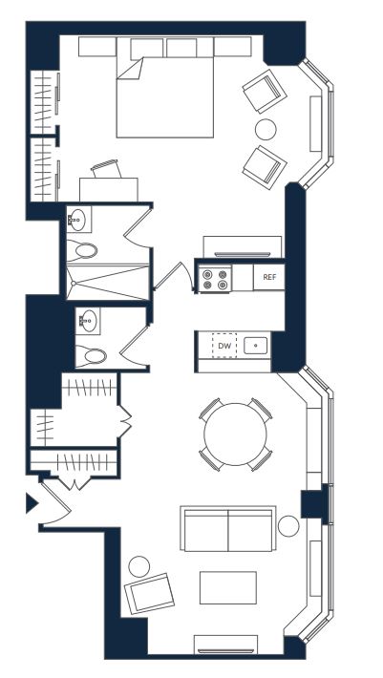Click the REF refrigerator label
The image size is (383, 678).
269,277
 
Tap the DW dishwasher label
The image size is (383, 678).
223,346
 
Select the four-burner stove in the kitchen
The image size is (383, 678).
215,279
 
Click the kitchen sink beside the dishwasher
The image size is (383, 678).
255,346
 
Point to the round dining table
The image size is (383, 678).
235,434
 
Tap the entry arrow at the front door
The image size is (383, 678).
32,503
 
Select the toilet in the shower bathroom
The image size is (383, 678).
82,251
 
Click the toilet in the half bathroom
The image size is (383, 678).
91,356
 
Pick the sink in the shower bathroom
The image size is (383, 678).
78,220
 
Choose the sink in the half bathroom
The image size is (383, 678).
88,321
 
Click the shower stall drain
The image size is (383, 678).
73,284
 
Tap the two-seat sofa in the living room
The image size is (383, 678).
228,528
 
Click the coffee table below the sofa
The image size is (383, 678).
228,587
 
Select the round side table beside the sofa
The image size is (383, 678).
288,526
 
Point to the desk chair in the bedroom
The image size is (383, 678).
105,169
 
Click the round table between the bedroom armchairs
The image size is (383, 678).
266,129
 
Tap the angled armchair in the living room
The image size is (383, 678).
149,593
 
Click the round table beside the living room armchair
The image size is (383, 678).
139,566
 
